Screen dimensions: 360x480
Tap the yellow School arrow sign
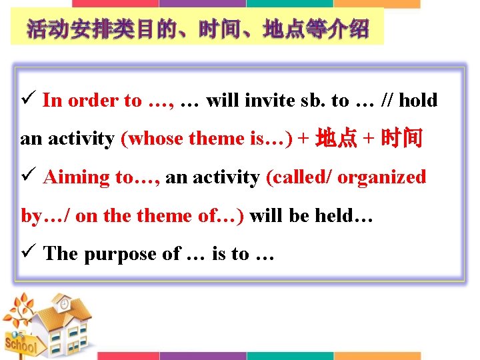[20, 345]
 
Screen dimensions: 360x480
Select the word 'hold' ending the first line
[418, 101]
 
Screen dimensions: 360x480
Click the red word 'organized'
[382, 177]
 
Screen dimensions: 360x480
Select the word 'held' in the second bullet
[334, 216]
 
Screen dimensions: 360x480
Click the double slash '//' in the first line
[388, 101]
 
